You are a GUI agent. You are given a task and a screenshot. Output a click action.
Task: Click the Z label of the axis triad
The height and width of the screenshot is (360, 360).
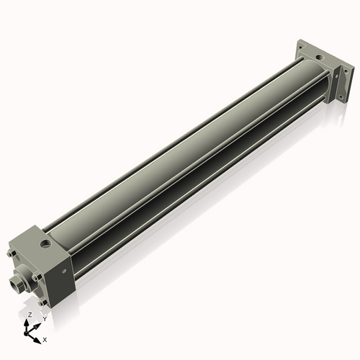[29, 315]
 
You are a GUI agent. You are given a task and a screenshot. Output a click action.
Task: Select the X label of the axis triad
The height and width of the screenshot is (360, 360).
[45, 338]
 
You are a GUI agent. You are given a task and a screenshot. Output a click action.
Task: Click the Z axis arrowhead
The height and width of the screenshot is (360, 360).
[28, 321]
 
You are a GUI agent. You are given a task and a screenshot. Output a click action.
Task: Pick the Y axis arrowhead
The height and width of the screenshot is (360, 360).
[37, 322]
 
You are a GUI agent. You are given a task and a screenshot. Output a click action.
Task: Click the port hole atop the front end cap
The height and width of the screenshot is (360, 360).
[48, 243]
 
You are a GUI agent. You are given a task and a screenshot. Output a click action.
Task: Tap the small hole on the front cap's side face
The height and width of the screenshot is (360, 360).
[66, 271]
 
